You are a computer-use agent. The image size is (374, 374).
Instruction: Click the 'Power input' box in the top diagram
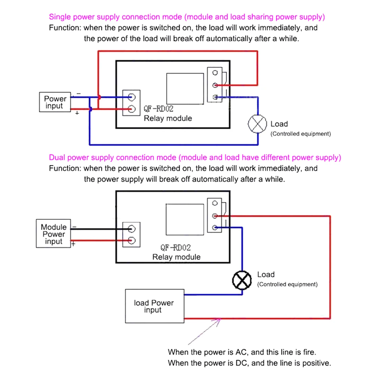click(x=55, y=102)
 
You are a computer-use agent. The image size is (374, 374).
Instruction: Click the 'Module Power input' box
click(x=53, y=234)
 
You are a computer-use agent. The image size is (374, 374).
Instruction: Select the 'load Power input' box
click(x=154, y=306)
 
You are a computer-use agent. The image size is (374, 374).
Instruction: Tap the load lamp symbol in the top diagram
click(x=257, y=124)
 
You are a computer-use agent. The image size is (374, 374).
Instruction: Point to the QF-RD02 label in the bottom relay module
click(x=175, y=248)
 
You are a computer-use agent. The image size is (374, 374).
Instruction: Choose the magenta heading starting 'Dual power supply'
click(x=195, y=157)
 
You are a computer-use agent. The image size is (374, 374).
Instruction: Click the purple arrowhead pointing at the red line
click(x=219, y=321)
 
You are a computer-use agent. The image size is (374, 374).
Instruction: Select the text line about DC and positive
click(x=249, y=363)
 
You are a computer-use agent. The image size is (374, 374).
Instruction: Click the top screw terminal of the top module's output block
click(x=215, y=73)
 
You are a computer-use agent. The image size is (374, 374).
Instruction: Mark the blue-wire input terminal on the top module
click(x=131, y=97)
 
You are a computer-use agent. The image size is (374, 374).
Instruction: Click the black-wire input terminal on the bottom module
click(x=132, y=229)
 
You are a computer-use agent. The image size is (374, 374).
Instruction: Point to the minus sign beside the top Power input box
click(x=79, y=93)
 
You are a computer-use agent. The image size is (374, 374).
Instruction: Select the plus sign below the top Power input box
click(x=77, y=113)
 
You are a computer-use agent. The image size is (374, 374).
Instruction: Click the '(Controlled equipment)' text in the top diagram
click(x=301, y=134)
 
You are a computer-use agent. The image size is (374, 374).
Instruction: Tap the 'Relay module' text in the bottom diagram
click(x=176, y=257)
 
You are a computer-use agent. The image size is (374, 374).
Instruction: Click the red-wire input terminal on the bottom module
click(x=132, y=240)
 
